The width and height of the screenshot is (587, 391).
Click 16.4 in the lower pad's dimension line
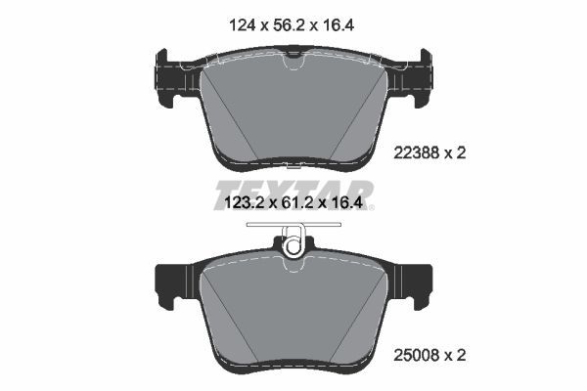click(356, 204)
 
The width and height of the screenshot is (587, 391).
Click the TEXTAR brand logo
click(293, 188)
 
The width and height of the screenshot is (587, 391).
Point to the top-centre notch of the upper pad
click(292, 64)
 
